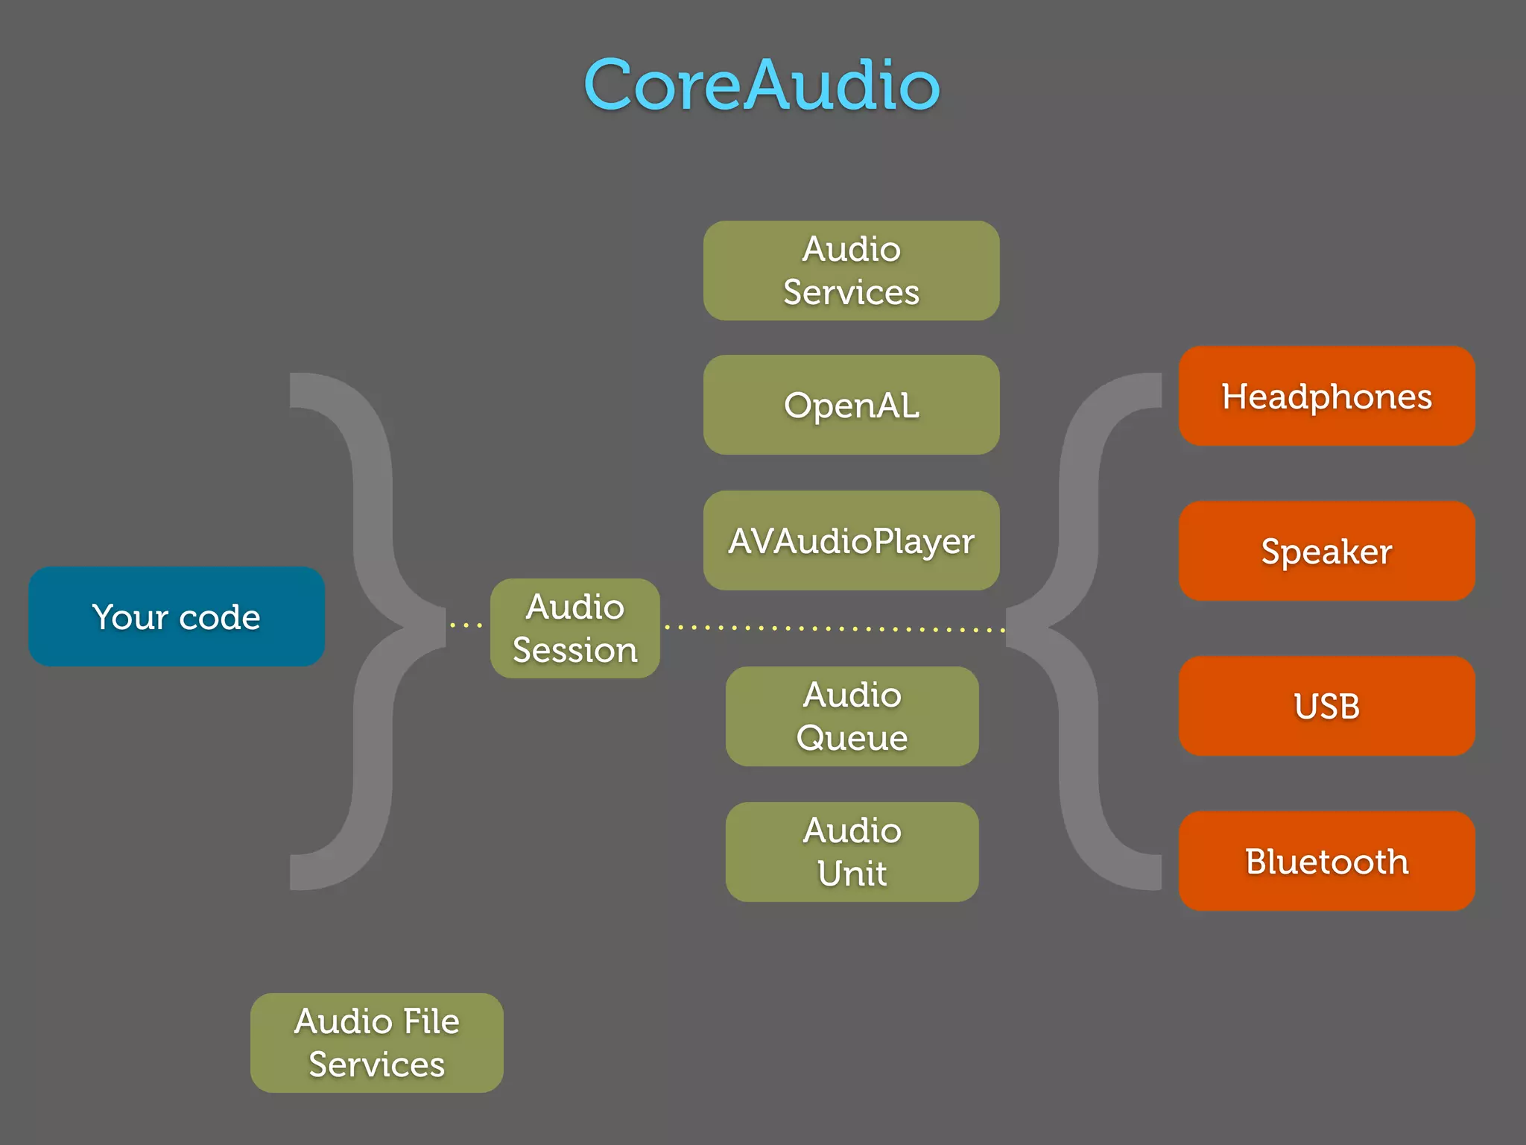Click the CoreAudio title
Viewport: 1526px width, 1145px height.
click(762, 85)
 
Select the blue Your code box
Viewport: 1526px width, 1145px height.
click(177, 616)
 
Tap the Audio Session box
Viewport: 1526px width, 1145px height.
click(574, 628)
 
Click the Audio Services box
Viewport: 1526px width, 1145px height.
click(851, 271)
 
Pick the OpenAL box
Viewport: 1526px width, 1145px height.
click(851, 406)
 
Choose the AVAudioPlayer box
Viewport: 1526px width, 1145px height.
click(851, 540)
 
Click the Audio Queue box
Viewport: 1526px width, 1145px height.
click(852, 716)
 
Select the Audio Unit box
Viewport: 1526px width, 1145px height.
click(852, 852)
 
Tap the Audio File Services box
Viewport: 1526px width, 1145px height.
click(376, 1043)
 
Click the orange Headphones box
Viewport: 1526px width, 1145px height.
click(1326, 396)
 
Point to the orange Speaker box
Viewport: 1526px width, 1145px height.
click(1326, 551)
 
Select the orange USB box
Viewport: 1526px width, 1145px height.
click(1326, 706)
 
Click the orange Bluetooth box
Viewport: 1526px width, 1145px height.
click(1326, 861)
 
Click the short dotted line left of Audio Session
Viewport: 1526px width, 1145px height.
click(466, 625)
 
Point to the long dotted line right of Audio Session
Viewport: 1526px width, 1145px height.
click(835, 628)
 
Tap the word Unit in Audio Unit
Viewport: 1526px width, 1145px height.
click(852, 874)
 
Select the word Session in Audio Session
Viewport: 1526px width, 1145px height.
click(574, 650)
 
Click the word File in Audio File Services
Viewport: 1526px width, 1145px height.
click(431, 1021)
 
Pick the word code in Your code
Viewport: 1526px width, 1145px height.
click(220, 617)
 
